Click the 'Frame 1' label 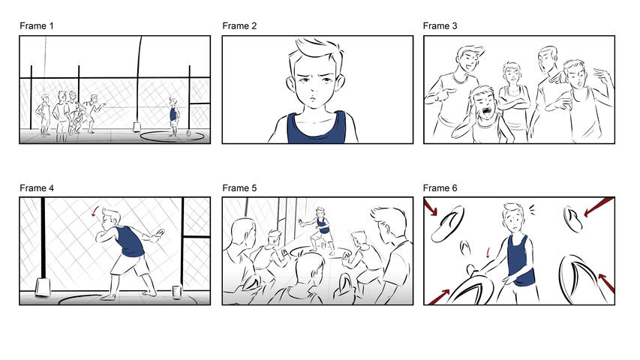(x=37, y=26)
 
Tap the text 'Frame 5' (x=239, y=187)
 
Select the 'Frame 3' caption (x=440, y=26)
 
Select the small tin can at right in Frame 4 (x=177, y=291)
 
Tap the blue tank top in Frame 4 (x=134, y=241)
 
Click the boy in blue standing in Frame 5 (x=323, y=224)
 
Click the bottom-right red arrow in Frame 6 (x=606, y=283)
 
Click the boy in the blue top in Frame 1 (x=174, y=115)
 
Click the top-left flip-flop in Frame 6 (x=452, y=225)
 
